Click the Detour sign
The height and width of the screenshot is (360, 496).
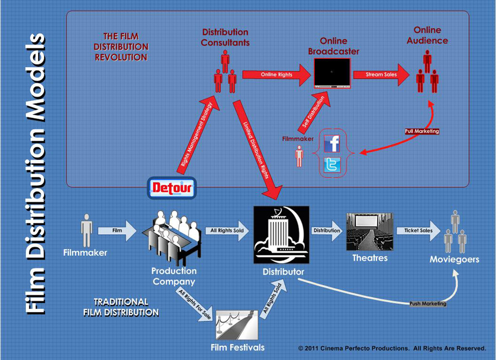pyautogui.click(x=171, y=189)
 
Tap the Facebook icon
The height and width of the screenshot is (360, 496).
pyautogui.click(x=332, y=143)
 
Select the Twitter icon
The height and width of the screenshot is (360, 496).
pyautogui.click(x=332, y=165)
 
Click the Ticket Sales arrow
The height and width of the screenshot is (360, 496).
pyautogui.click(x=418, y=230)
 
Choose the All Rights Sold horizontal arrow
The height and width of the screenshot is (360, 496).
pyautogui.click(x=227, y=230)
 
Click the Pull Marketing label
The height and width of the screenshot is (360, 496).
pyautogui.click(x=422, y=132)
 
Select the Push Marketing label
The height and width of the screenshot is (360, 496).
pyautogui.click(x=428, y=304)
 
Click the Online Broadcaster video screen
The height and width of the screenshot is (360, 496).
pyautogui.click(x=332, y=73)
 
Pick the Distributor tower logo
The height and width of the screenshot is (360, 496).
pyautogui.click(x=281, y=235)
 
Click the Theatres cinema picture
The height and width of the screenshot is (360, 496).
pyautogui.click(x=369, y=232)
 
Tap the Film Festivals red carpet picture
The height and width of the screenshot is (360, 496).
pyautogui.click(x=237, y=325)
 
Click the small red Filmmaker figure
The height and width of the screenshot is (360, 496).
pyautogui.click(x=299, y=156)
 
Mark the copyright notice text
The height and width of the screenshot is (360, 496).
pyautogui.click(x=392, y=348)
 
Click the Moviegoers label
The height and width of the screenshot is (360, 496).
pyautogui.click(x=455, y=259)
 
